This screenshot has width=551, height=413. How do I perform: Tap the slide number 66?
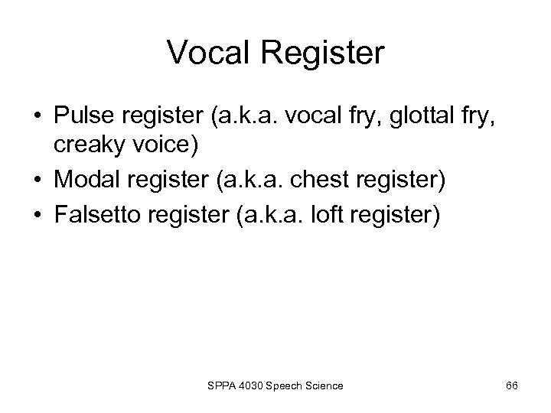[512, 385]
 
